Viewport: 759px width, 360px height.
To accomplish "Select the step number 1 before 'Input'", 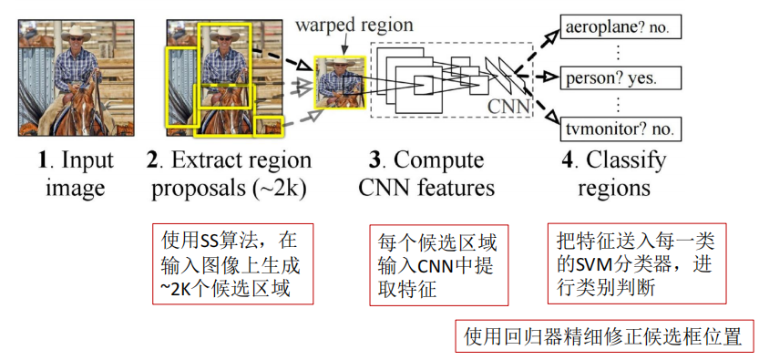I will [x=42, y=162].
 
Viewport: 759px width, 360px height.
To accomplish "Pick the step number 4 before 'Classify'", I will [x=568, y=162].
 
